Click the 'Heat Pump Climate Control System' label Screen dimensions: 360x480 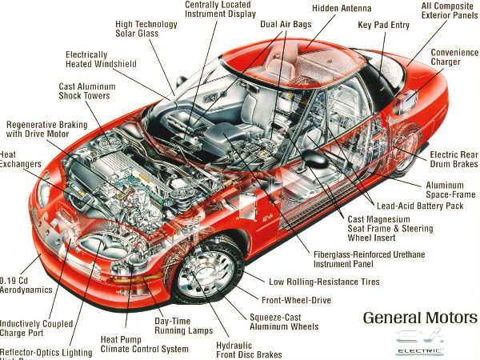coord(144,344)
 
